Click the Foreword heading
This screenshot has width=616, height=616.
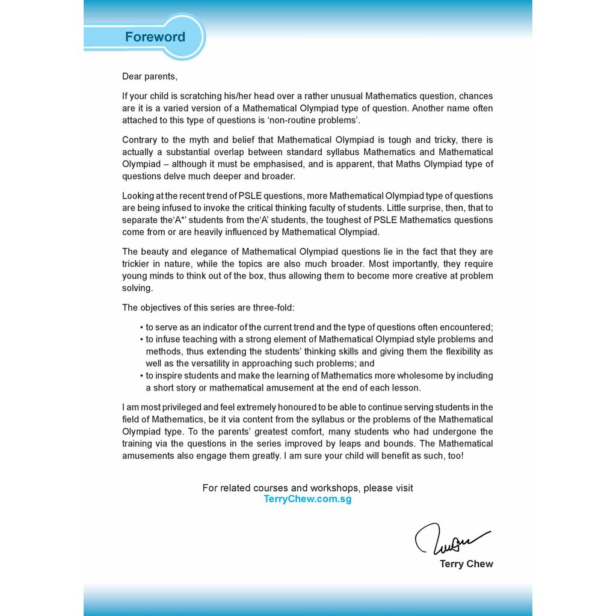pyautogui.click(x=155, y=37)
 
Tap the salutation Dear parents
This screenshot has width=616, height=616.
pyautogui.click(x=150, y=76)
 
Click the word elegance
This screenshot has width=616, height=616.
pyautogui.click(x=204, y=252)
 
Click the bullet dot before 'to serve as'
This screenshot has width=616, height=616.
pyautogui.click(x=141, y=328)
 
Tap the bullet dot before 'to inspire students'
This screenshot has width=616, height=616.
pyautogui.click(x=141, y=376)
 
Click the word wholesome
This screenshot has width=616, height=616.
pyautogui.click(x=409, y=376)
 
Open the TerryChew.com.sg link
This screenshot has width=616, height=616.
pyautogui.click(x=307, y=499)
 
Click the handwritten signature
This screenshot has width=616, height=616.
pyautogui.click(x=451, y=538)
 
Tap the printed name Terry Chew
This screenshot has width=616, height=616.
pyautogui.click(x=466, y=564)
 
